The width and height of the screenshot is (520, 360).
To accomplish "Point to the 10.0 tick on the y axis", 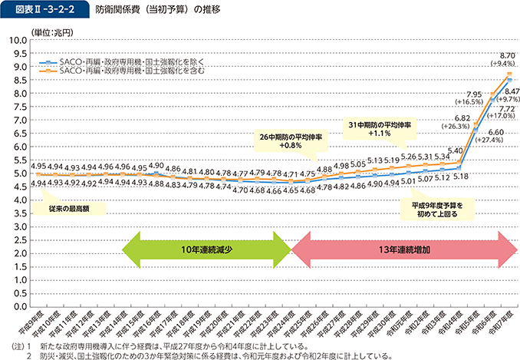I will [18, 40].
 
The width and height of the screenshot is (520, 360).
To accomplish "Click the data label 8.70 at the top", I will [506, 56].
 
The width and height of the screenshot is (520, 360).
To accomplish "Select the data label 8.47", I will [510, 91].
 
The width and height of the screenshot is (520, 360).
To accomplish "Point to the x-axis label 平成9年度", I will [27, 321].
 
